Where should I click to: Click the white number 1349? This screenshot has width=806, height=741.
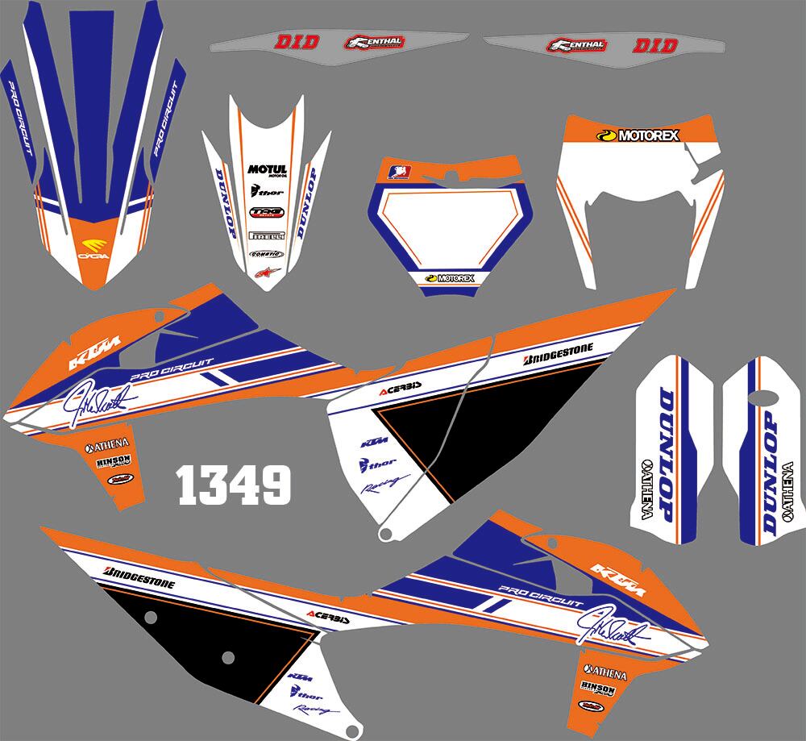(x=234, y=484)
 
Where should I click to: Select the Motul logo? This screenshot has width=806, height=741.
(x=267, y=170)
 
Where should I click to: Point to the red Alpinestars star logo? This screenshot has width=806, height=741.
(x=263, y=272)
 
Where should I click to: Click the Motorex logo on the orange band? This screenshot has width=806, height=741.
(x=637, y=135)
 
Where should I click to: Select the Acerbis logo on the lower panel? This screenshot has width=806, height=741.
(x=328, y=619)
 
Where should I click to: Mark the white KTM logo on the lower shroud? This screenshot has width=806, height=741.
(x=614, y=575)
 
